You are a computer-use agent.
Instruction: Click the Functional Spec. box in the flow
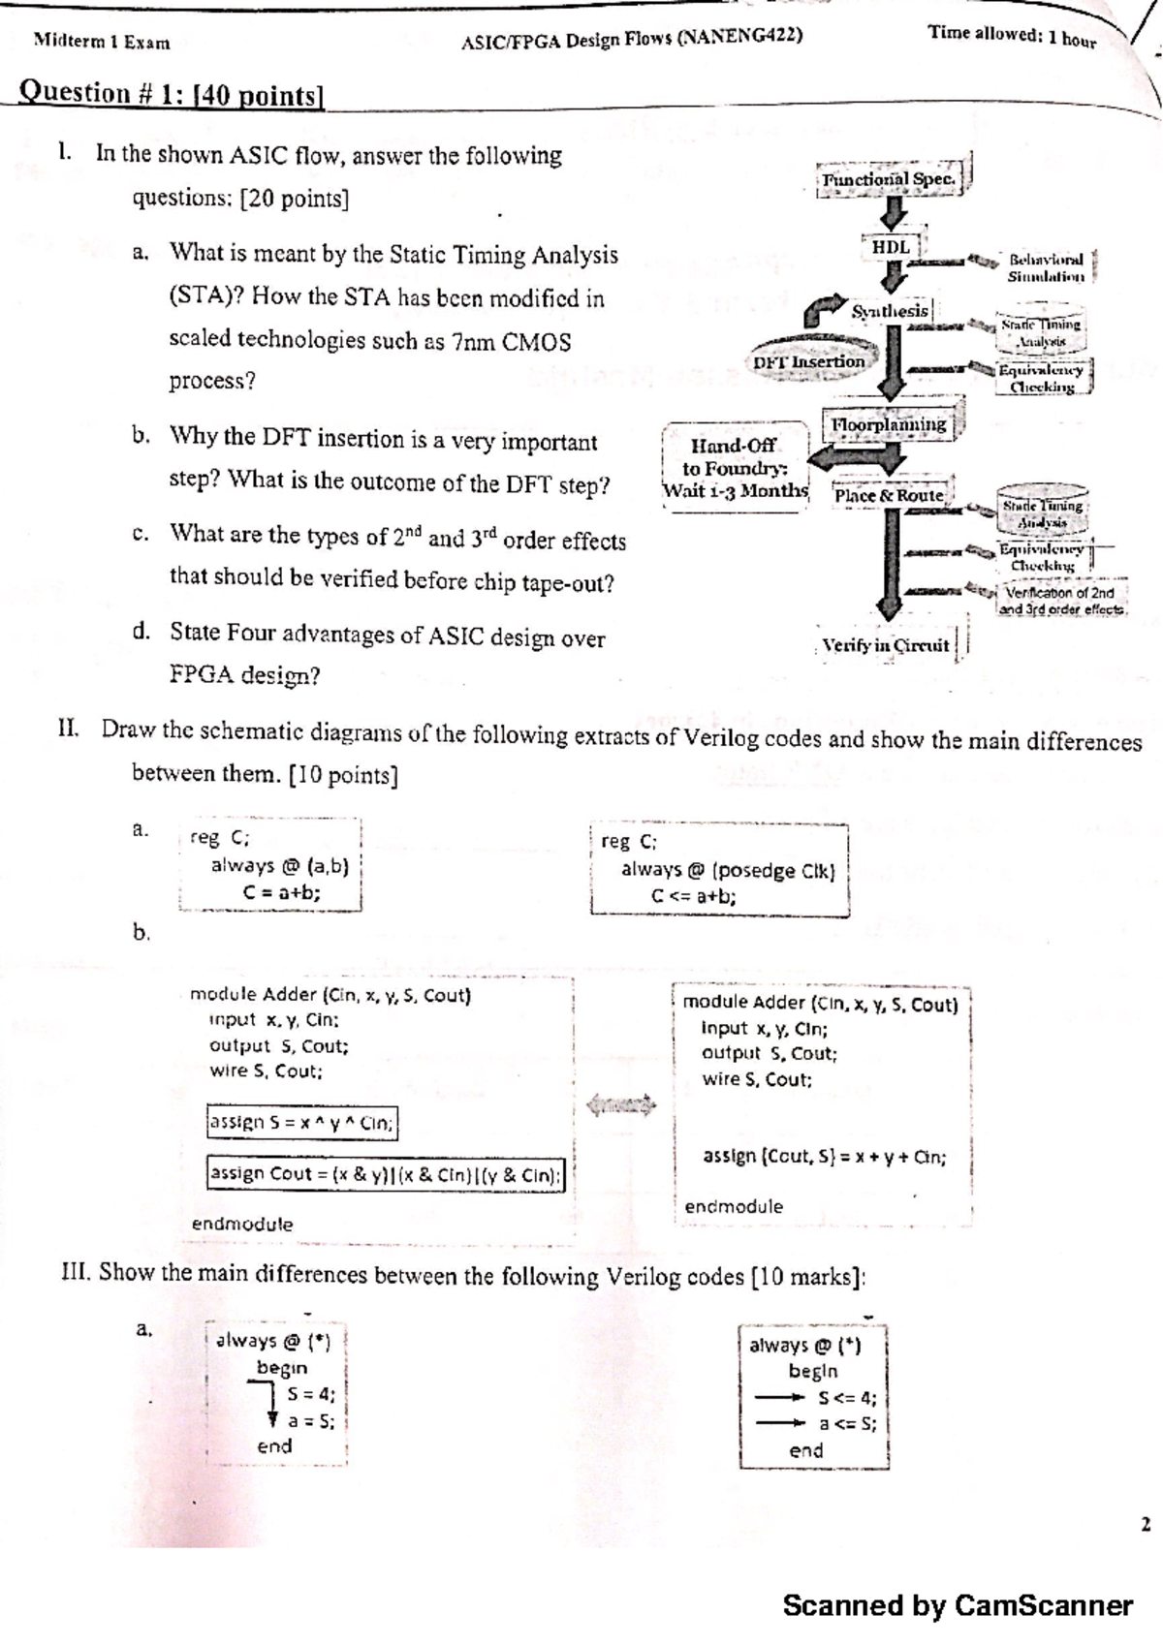tap(890, 179)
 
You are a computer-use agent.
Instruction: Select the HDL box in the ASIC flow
tap(891, 247)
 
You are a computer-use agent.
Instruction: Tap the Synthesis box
tap(890, 311)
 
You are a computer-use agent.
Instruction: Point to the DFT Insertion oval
tap(809, 361)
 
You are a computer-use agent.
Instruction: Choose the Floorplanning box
tap(889, 424)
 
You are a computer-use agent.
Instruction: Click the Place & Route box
tap(889, 495)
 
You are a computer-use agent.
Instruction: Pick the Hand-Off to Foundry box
tap(734, 467)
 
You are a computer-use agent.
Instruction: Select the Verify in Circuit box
tap(886, 645)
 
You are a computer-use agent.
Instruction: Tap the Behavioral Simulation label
tap(1046, 267)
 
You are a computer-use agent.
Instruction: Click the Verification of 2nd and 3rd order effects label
tap(1060, 601)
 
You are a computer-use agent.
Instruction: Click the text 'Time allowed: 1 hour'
tap(1011, 36)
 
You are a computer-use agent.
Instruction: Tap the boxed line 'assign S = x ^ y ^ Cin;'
tap(301, 1123)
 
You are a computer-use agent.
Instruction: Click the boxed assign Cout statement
tap(386, 1174)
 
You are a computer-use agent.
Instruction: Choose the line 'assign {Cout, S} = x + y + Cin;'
tap(824, 1156)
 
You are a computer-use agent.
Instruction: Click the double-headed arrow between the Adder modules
tap(621, 1103)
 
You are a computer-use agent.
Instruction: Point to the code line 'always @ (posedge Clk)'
tap(727, 870)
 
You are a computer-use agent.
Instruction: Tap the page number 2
tap(1145, 1525)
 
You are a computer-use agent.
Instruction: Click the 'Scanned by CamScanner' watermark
tap(957, 1605)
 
